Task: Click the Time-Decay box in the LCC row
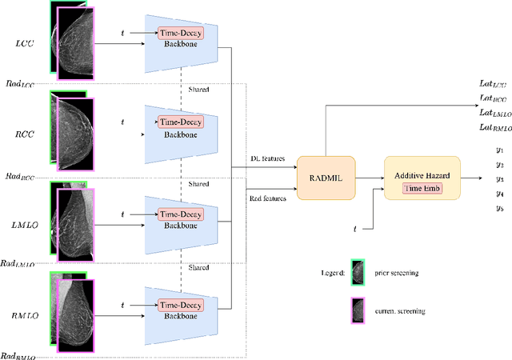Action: tap(181, 34)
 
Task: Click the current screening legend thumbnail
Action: tap(358, 309)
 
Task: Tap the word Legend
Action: tap(332, 274)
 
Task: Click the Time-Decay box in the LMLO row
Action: tap(181, 214)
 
